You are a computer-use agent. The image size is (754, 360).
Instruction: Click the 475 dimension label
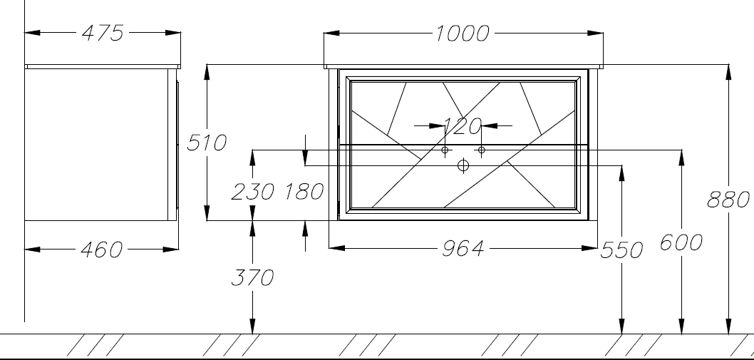pyautogui.click(x=103, y=34)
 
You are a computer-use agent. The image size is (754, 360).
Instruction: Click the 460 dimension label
pyautogui.click(x=101, y=250)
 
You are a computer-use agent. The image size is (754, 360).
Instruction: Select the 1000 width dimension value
pyautogui.click(x=462, y=34)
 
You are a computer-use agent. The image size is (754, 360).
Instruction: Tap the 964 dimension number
pyautogui.click(x=463, y=248)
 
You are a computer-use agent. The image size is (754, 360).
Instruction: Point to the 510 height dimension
pyautogui.click(x=206, y=143)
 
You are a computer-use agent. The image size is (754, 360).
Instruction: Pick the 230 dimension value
pyautogui.click(x=253, y=192)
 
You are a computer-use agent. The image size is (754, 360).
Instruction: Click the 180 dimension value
pyautogui.click(x=304, y=192)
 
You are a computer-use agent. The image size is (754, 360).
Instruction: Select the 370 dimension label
pyautogui.click(x=252, y=278)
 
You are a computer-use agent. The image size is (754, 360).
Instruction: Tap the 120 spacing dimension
pyautogui.click(x=462, y=126)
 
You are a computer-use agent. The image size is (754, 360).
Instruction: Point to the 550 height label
pyautogui.click(x=621, y=250)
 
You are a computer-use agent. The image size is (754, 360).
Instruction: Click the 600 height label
pyautogui.click(x=681, y=242)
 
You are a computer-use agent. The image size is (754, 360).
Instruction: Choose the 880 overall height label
pyautogui.click(x=728, y=200)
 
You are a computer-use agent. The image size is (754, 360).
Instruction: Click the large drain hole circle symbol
pyautogui.click(x=463, y=165)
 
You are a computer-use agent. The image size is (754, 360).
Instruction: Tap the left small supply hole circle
pyautogui.click(x=445, y=150)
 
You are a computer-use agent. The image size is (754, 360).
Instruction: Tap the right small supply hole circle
pyautogui.click(x=481, y=150)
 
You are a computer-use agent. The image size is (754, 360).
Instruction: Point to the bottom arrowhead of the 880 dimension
pyautogui.click(x=729, y=326)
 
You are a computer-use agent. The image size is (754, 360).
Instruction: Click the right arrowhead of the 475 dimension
pyautogui.click(x=173, y=33)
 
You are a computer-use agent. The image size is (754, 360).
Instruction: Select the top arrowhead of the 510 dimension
pyautogui.click(x=207, y=72)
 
